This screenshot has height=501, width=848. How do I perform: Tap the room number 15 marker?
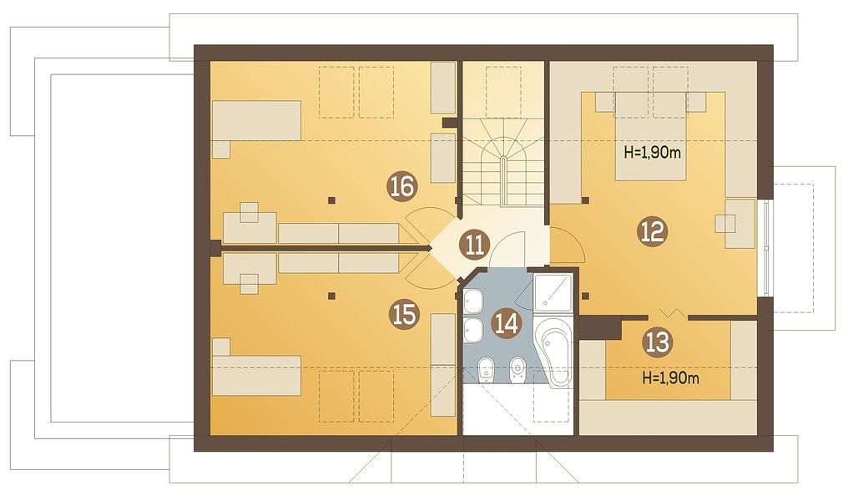[x=405, y=314]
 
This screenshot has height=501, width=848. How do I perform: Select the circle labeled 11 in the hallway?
[x=475, y=246]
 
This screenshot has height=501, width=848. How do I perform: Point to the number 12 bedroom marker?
[x=653, y=231]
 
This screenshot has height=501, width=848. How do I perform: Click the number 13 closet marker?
[x=658, y=342]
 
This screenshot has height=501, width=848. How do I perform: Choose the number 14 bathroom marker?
[x=507, y=323]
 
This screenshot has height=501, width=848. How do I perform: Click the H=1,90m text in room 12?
[x=652, y=153]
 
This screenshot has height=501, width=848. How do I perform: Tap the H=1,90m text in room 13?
[x=670, y=377]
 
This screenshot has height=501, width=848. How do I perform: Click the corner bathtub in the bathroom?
[x=553, y=352]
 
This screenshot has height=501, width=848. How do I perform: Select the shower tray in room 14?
[x=553, y=292]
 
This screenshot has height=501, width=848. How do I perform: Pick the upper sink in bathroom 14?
[x=474, y=301]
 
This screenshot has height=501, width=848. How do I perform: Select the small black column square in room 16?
[x=332, y=200]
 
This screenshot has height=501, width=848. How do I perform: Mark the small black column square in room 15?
[x=332, y=296]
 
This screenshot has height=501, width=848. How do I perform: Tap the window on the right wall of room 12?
[x=767, y=248]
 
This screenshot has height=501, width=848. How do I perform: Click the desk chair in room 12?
[x=725, y=224]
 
